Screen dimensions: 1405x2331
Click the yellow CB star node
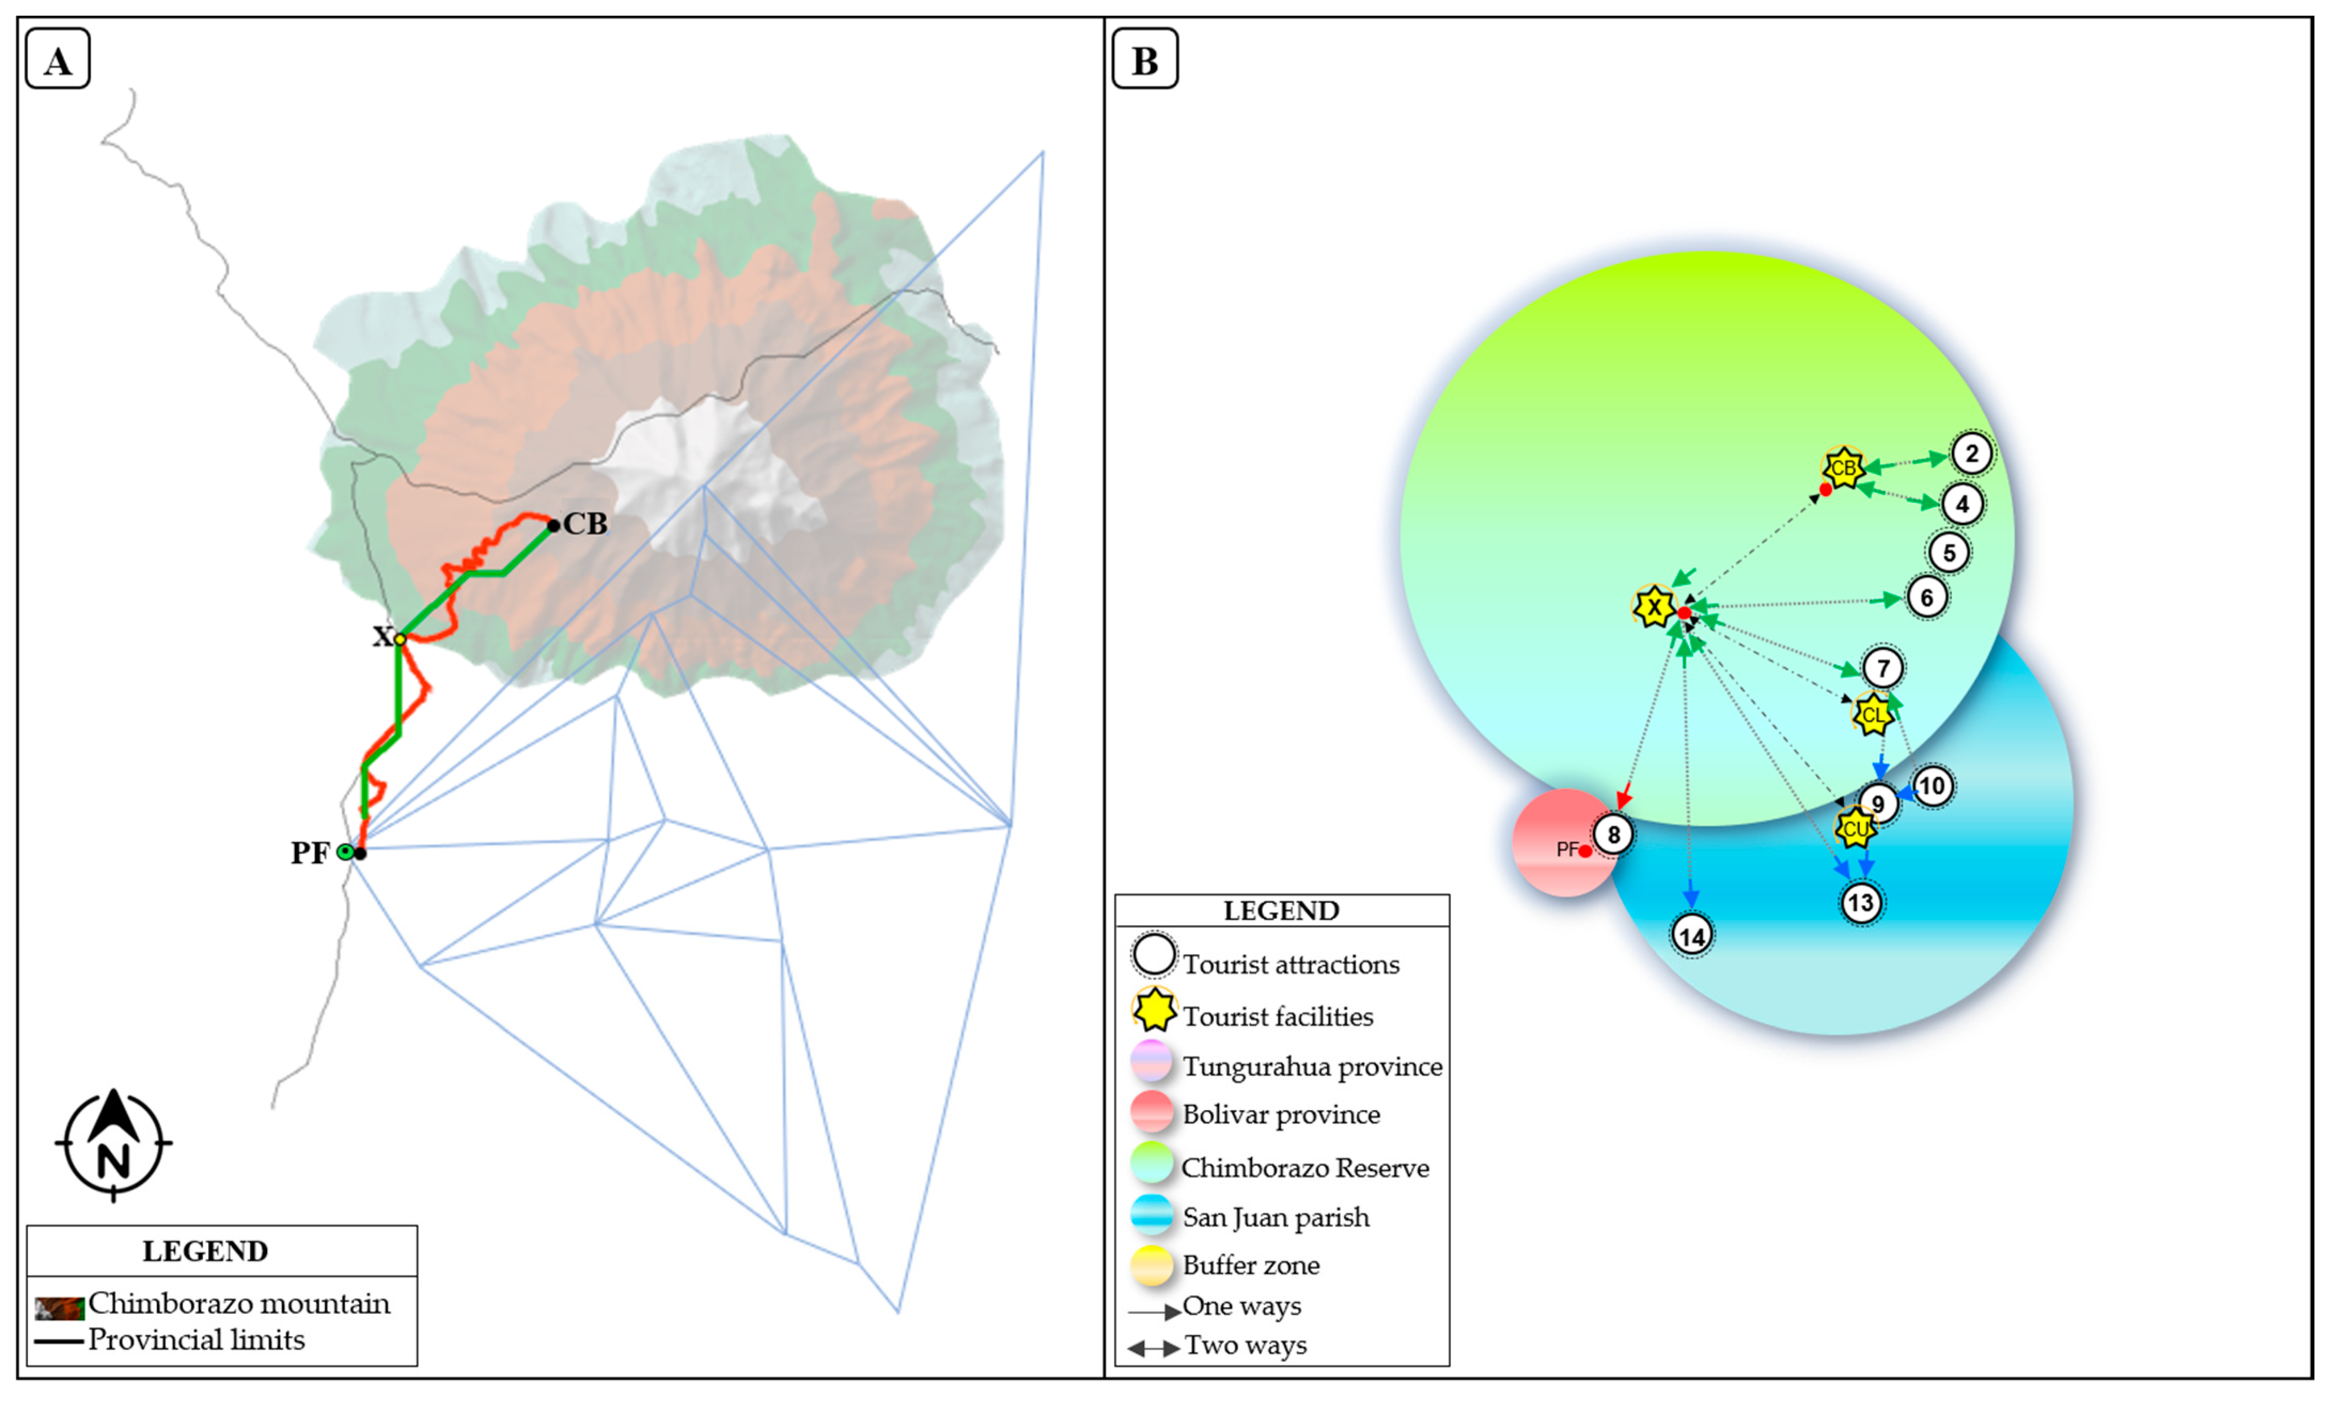click(x=1843, y=467)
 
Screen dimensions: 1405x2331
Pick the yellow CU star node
click(x=1855, y=829)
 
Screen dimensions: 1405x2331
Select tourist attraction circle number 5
click(x=1949, y=552)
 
